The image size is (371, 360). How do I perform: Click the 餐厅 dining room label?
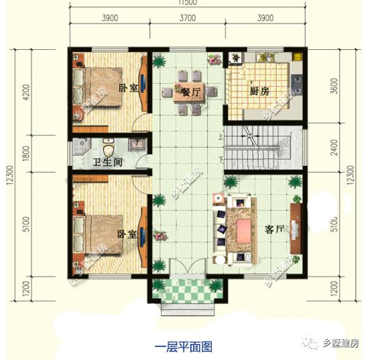192,93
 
